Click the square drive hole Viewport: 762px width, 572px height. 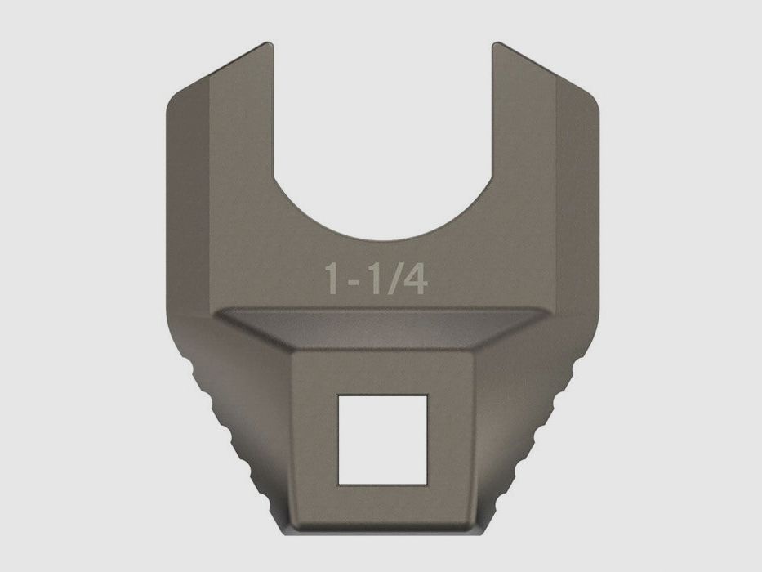pyautogui.click(x=382, y=440)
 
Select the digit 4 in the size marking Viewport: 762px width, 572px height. pyautogui.click(x=413, y=279)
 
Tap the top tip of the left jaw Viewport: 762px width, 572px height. pyautogui.click(x=269, y=43)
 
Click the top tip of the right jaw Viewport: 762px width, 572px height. pyautogui.click(x=497, y=43)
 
